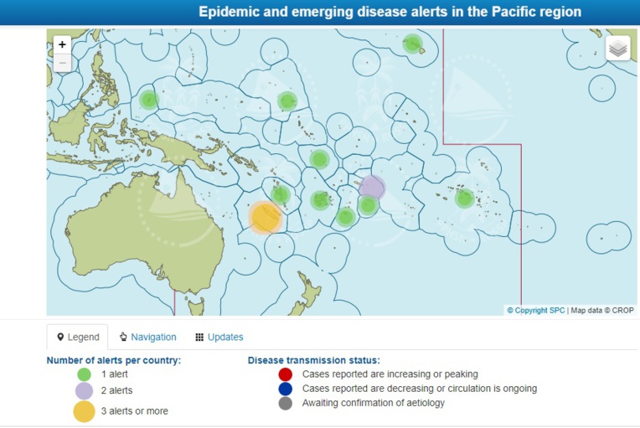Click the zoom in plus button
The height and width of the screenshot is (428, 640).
tap(63, 45)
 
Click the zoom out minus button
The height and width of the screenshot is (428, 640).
tap(63, 64)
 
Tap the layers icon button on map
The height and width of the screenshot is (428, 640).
tap(618, 49)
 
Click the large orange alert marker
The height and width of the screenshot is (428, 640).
tap(266, 218)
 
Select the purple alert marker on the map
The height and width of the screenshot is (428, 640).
tap(372, 187)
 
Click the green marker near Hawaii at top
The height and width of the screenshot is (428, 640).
tap(412, 44)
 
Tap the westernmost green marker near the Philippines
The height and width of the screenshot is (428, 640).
tap(148, 100)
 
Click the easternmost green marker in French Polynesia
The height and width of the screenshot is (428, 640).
tap(465, 199)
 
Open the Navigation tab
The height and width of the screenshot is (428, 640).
tap(147, 337)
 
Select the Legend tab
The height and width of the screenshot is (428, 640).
tap(77, 337)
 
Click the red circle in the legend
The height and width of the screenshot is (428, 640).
tap(285, 374)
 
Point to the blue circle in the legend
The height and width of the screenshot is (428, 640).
tap(285, 389)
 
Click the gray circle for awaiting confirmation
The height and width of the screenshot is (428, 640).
tap(285, 404)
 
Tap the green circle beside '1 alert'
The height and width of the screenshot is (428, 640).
tap(84, 375)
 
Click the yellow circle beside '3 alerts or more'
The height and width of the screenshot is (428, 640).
tap(84, 410)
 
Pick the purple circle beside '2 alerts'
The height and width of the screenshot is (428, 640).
tap(84, 391)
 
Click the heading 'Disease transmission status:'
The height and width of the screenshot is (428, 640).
tap(313, 360)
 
